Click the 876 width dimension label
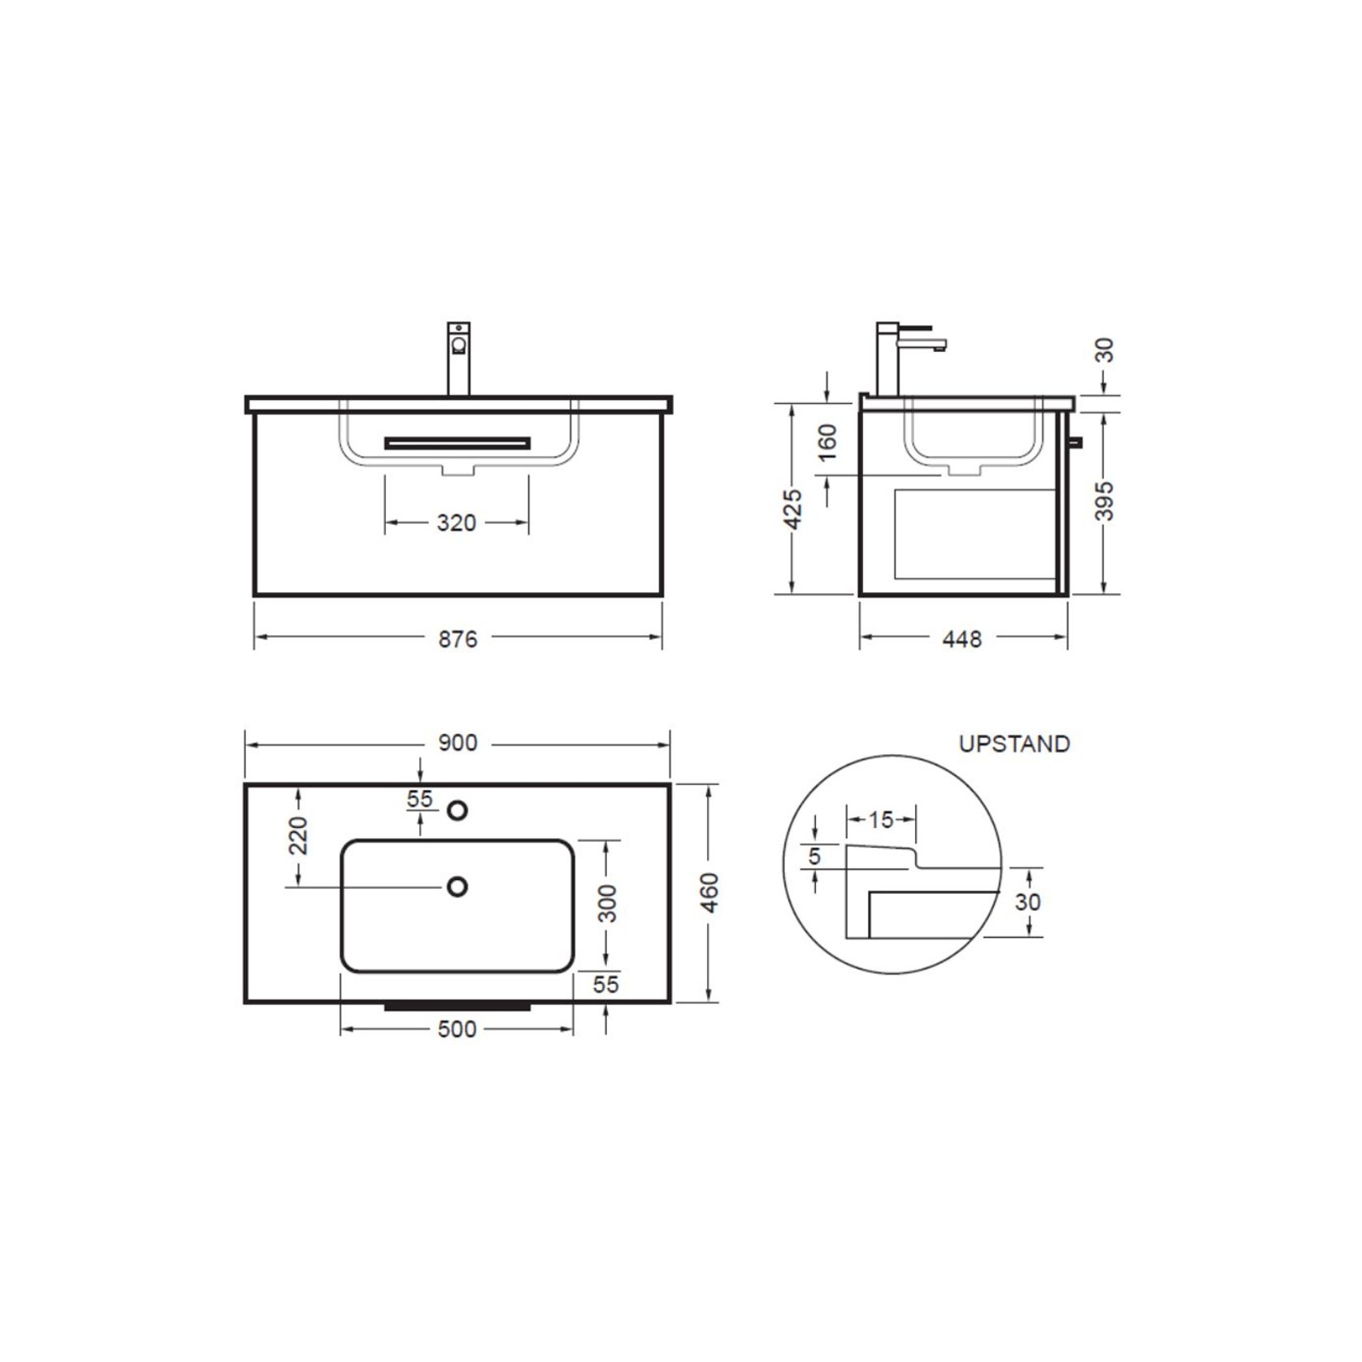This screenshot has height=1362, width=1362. coord(458,639)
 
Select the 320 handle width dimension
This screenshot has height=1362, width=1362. coord(456,523)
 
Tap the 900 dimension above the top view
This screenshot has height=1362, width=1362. coord(458,743)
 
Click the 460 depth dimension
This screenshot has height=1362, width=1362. coord(709,892)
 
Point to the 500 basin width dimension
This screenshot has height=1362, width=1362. coord(457,1029)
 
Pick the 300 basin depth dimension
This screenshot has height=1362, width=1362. coord(608,904)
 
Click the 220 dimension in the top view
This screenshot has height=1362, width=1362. coord(298,835)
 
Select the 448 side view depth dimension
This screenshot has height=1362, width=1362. coord(962,639)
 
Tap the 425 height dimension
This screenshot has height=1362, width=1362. coord(794,510)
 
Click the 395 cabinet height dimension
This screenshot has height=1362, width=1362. coord(1104,501)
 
